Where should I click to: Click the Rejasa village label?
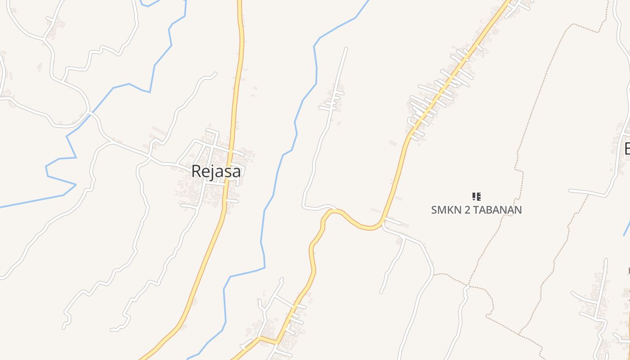(216, 171)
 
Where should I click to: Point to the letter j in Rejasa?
(211, 172)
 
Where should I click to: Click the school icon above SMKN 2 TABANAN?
(477, 196)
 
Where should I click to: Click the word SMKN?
(445, 210)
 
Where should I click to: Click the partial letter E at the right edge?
(627, 148)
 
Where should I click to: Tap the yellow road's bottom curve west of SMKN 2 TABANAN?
(369, 228)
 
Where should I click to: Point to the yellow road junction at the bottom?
(261, 337)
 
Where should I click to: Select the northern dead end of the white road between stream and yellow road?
(346, 48)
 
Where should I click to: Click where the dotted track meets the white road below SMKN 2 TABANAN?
(468, 286)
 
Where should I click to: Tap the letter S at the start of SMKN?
(434, 210)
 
